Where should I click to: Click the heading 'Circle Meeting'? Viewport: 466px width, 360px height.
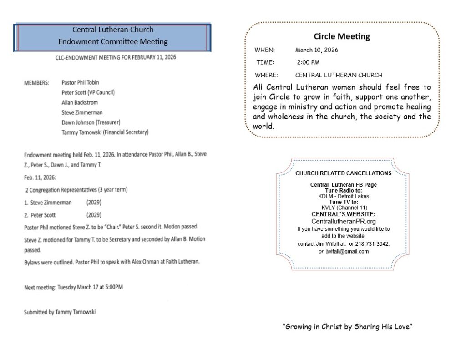click(342, 36)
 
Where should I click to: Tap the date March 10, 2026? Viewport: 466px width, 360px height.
click(317, 50)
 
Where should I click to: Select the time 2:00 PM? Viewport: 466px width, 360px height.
click(308, 62)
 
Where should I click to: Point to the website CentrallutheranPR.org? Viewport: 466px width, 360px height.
click(344, 221)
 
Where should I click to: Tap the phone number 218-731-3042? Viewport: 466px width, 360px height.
click(374, 244)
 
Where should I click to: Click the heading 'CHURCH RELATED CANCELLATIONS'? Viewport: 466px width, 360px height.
click(344, 173)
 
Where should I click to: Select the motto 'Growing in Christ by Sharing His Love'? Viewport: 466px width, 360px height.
click(347, 326)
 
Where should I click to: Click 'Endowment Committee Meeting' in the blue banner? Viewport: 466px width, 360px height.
click(113, 41)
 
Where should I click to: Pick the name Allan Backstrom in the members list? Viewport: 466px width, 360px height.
click(80, 102)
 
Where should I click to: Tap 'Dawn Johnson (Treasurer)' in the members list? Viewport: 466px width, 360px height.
click(91, 122)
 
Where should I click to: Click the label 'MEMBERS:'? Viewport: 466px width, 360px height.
click(36, 83)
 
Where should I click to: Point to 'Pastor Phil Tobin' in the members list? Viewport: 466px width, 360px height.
click(80, 83)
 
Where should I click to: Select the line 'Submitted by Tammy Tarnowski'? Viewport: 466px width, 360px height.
click(60, 312)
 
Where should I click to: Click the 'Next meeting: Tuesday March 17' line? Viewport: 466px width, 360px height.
click(73, 287)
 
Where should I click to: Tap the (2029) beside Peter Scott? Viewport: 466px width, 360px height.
click(94, 215)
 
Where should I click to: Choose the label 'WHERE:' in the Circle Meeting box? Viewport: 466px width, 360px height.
click(266, 75)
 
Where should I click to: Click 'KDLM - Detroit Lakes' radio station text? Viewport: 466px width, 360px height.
click(344, 196)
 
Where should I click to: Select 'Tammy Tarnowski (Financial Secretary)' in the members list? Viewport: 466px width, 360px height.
click(105, 132)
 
